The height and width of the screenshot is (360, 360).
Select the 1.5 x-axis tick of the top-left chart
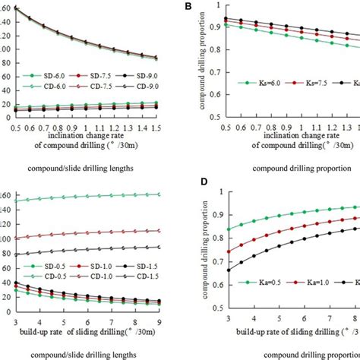coord(156,130)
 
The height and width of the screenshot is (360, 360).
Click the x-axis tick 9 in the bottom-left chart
coord(159,320)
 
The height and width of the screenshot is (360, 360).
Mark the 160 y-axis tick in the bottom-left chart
coord(6,196)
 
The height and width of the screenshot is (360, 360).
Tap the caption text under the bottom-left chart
coord(81,354)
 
